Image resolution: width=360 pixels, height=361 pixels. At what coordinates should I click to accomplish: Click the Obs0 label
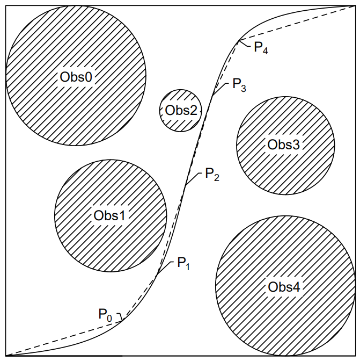[x=76, y=77]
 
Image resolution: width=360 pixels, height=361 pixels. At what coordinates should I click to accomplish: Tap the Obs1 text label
[x=109, y=215]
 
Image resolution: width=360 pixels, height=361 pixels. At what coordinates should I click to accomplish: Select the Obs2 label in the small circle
[x=181, y=111]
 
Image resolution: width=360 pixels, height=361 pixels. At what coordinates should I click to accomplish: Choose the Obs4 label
[x=284, y=287]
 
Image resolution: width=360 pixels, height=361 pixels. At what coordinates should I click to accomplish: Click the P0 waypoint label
[x=105, y=315]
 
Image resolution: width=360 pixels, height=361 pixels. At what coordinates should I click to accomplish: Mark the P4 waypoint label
[x=261, y=48]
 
